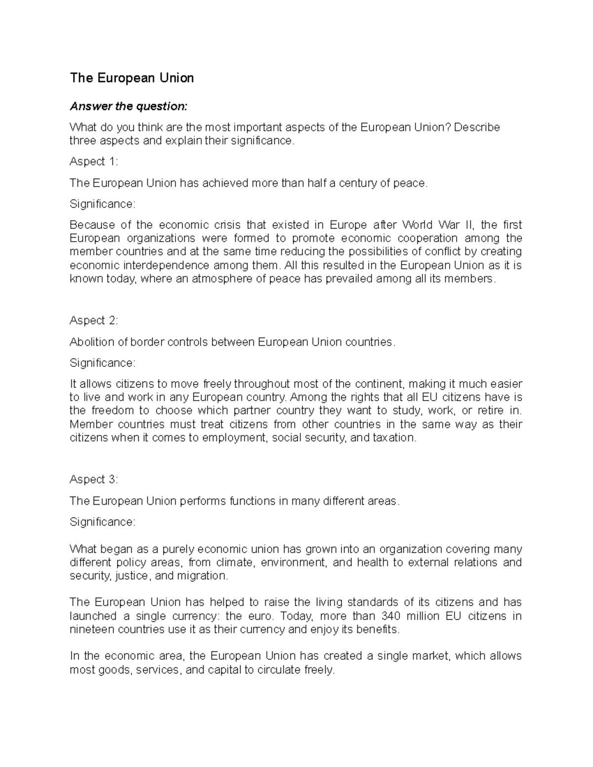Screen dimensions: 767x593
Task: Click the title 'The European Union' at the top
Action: (131, 78)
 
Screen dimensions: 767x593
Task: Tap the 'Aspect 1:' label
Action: (94, 161)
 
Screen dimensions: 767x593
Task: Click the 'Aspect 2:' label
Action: (94, 321)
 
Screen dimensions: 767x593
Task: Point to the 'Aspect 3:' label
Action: (94, 480)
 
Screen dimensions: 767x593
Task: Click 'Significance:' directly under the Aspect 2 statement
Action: (102, 363)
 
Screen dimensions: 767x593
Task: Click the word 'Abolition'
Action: (91, 342)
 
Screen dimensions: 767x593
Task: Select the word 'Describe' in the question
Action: (476, 127)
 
